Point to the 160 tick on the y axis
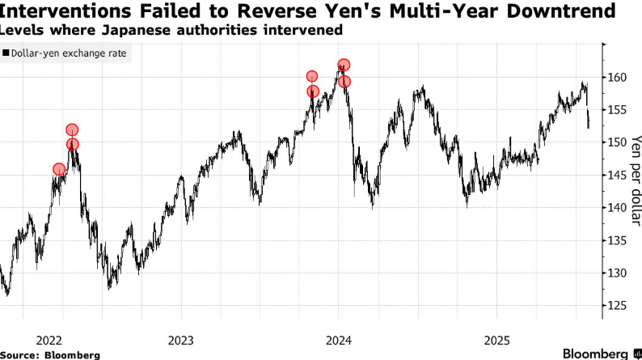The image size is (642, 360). click(616, 78)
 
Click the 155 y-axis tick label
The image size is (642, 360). click(616, 110)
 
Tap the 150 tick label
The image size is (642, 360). click(616, 142)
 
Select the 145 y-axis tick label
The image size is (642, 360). click(616, 176)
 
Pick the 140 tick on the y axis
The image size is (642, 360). click(616, 208)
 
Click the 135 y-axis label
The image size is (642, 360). click(616, 240)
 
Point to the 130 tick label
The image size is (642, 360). click(616, 273)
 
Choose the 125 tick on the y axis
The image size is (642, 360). click(616, 306)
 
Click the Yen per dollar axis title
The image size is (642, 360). click(636, 171)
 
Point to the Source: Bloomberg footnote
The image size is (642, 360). click(50, 354)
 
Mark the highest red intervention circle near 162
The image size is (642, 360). click(344, 65)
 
